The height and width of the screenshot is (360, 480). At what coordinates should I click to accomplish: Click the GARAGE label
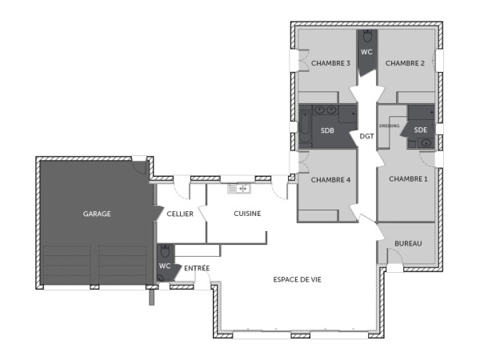coord(96,214)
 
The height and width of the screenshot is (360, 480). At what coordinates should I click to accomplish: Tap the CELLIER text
coord(179,214)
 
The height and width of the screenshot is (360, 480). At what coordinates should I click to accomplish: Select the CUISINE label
coord(246,214)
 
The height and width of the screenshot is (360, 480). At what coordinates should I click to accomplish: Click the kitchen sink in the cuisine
coord(239,189)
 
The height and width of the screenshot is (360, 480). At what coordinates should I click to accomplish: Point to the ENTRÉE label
coord(198,268)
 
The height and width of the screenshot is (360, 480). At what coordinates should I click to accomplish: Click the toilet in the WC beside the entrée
coord(164,250)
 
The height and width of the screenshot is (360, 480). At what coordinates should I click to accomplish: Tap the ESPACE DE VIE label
coord(298,279)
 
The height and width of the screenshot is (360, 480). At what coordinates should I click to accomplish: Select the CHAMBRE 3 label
coord(331,63)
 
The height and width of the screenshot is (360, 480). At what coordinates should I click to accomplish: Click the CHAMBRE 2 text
coord(406,63)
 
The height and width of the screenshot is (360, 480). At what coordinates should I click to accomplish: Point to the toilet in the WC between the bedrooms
coord(367,37)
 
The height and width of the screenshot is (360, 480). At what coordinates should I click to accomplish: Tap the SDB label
coord(328,130)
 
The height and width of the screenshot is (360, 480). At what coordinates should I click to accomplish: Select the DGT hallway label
coord(367,136)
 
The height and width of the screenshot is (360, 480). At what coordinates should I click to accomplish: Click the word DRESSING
coord(389,126)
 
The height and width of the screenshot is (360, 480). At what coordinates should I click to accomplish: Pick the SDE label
coord(421,130)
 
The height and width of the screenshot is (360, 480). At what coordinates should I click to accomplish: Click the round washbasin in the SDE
coord(426,143)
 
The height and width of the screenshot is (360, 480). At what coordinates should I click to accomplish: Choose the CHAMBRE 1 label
coord(408,179)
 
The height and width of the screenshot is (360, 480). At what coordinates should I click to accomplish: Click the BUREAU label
coord(408,243)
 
